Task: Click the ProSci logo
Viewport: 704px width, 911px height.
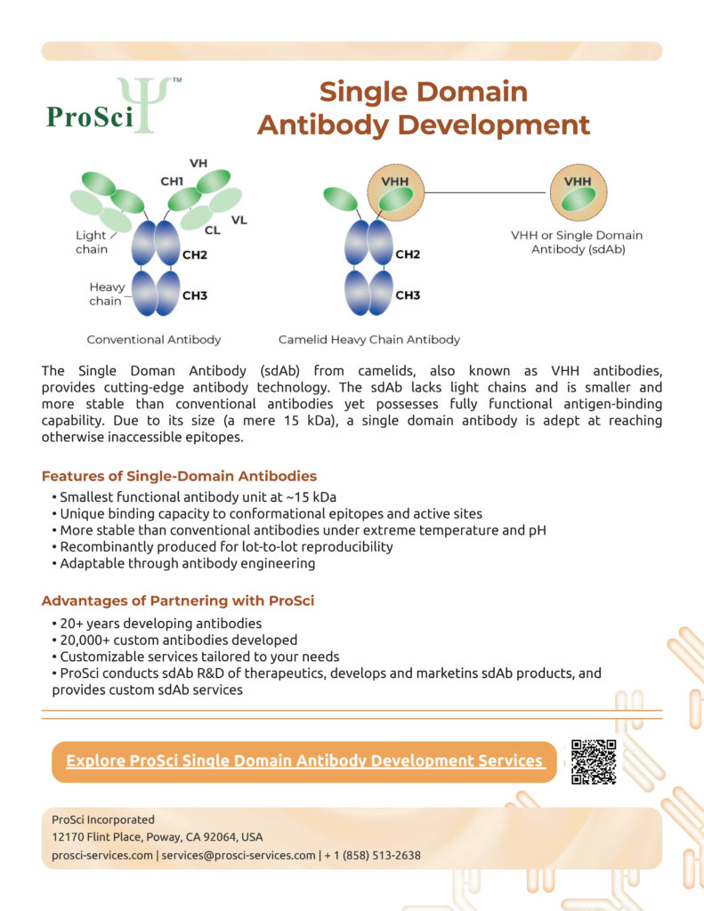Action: coord(113,108)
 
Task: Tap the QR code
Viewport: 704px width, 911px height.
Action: coord(594,762)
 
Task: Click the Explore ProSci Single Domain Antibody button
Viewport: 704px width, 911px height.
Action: coord(304,762)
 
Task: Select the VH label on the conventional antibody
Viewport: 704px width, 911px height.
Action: coord(198,164)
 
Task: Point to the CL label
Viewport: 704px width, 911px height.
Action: coord(213,230)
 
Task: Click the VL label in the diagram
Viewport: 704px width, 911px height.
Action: coord(239,219)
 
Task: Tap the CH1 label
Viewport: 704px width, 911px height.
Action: coord(172,181)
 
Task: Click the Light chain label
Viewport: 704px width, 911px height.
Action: coord(91,242)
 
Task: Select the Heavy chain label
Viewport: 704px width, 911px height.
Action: coord(105,294)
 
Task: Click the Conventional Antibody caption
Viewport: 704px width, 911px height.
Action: coord(154,340)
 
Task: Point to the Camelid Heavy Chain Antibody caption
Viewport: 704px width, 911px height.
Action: coord(368,340)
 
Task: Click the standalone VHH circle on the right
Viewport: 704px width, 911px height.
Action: coord(578,193)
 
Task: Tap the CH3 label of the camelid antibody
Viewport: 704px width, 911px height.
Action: coord(408,295)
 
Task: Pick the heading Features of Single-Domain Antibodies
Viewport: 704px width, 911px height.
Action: coord(179,476)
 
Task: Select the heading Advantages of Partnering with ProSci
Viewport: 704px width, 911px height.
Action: coord(177,601)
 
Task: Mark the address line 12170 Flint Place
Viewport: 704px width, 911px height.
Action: coord(158,837)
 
